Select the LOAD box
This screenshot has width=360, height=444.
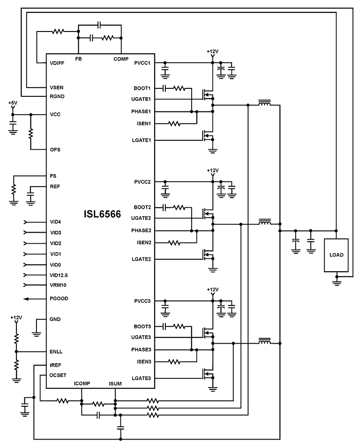pyautogui.click(x=336, y=255)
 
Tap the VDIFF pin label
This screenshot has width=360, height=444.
pyautogui.click(x=57, y=63)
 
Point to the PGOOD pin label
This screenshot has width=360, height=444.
pyautogui.click(x=59, y=298)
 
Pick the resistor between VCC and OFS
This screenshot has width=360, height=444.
pyautogui.click(x=31, y=133)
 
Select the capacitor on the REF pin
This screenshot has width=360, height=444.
pyautogui.click(x=31, y=195)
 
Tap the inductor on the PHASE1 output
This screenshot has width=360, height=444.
pyautogui.click(x=265, y=104)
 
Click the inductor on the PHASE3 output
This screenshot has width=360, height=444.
pyautogui.click(x=265, y=342)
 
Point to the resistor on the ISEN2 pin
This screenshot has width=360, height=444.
pyautogui.click(x=174, y=243)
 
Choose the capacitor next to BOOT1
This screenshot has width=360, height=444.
pyautogui.click(x=164, y=88)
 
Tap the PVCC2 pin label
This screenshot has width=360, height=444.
pyautogui.click(x=142, y=182)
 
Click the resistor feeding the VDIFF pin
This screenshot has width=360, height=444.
pyautogui.click(x=58, y=32)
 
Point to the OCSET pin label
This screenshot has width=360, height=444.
pyautogui.click(x=58, y=375)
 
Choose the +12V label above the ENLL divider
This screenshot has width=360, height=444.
pyautogui.click(x=16, y=318)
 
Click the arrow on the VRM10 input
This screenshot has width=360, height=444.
pyautogui.click(x=25, y=285)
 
